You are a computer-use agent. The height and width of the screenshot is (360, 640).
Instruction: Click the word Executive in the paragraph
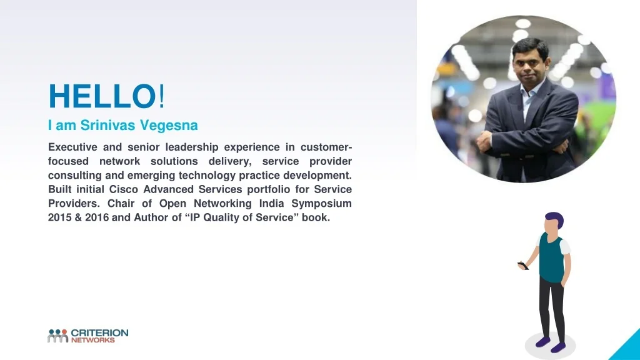click(72, 147)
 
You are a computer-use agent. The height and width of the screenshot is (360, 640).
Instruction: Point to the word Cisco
click(123, 189)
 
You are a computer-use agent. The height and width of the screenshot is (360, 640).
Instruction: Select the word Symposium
click(321, 204)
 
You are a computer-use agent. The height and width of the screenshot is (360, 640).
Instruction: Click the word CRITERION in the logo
click(99, 333)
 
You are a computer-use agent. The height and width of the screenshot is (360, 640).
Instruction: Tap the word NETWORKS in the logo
click(93, 340)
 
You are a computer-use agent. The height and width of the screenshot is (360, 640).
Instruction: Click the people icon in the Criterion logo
click(57, 336)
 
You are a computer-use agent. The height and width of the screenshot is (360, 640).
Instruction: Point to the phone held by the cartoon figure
click(523, 266)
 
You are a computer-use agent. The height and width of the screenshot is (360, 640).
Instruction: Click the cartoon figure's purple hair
click(555, 218)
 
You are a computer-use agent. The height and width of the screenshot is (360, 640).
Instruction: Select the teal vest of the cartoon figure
click(551, 258)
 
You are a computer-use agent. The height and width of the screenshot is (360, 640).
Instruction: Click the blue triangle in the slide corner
click(626, 346)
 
